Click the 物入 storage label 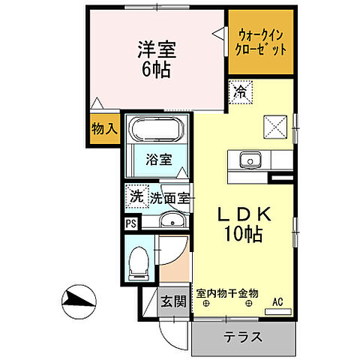(x=104, y=129)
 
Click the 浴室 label (x=159, y=160)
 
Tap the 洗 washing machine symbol (x=136, y=197)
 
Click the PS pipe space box (x=130, y=223)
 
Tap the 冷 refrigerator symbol (x=240, y=93)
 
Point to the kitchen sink (x=248, y=160)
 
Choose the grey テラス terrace (x=242, y=337)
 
